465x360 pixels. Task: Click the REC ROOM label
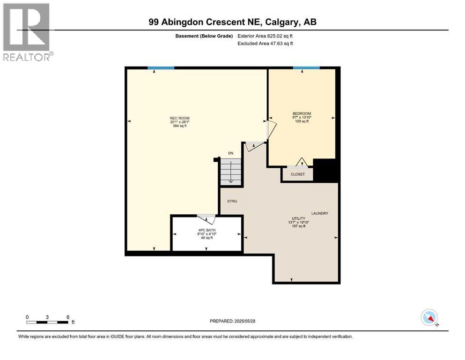(x=180, y=118)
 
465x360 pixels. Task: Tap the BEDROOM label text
(x=302, y=113)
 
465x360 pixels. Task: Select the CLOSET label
(x=298, y=174)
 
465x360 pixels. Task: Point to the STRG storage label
(x=232, y=201)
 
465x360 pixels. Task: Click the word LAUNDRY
(x=320, y=213)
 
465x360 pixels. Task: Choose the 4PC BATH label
(x=207, y=230)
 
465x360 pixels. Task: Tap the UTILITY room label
(x=299, y=218)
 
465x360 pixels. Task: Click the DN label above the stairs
(x=231, y=153)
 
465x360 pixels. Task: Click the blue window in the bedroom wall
(x=306, y=68)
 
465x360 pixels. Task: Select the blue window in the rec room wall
(x=161, y=68)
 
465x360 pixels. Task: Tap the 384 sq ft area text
(x=180, y=126)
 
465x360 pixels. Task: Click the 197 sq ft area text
(x=299, y=226)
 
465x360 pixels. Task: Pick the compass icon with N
(x=429, y=317)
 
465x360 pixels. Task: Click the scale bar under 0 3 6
(x=48, y=322)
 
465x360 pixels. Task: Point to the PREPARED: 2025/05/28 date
(x=232, y=321)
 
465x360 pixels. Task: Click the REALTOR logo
(x=28, y=32)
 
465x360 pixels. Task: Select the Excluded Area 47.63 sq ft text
(x=266, y=43)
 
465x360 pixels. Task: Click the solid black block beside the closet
(x=325, y=170)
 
